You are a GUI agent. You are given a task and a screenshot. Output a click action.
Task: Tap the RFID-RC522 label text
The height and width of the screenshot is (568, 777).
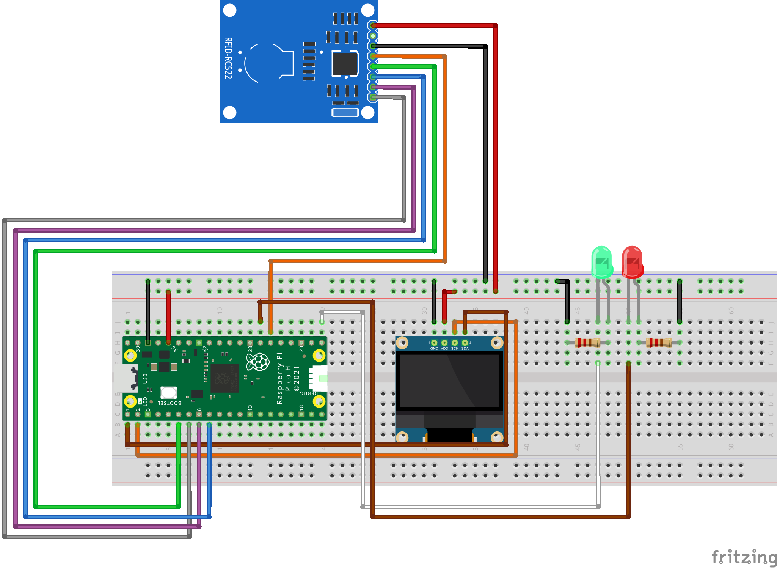click(x=228, y=58)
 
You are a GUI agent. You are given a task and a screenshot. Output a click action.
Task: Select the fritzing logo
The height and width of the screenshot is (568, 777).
click(x=744, y=557)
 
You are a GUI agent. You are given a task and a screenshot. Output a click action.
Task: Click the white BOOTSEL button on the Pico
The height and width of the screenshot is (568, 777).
click(x=168, y=392)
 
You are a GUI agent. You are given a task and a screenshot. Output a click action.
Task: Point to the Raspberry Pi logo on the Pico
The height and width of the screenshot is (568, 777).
click(x=258, y=362)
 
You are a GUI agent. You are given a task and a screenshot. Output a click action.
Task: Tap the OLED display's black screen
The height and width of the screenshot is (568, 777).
click(x=449, y=381)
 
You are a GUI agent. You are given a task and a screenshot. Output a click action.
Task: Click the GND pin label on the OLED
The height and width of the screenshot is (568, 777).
click(x=434, y=348)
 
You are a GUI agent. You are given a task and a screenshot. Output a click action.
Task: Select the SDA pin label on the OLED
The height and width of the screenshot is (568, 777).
click(x=465, y=348)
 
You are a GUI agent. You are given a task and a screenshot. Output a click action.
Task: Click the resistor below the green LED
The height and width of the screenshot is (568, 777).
click(x=587, y=343)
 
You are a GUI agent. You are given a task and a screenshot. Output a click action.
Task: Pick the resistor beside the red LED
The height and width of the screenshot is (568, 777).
click(x=659, y=343)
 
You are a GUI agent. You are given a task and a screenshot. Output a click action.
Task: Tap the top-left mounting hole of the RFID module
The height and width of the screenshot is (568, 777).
click(x=230, y=10)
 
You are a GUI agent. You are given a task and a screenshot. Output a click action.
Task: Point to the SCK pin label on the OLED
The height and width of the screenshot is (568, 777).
click(x=455, y=348)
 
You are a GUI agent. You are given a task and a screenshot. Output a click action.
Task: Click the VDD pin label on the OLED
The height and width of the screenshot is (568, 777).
click(x=444, y=348)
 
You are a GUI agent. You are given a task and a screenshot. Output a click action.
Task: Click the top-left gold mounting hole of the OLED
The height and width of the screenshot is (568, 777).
click(x=402, y=343)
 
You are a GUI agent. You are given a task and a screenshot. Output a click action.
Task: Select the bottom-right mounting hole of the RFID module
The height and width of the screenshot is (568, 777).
click(x=367, y=112)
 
